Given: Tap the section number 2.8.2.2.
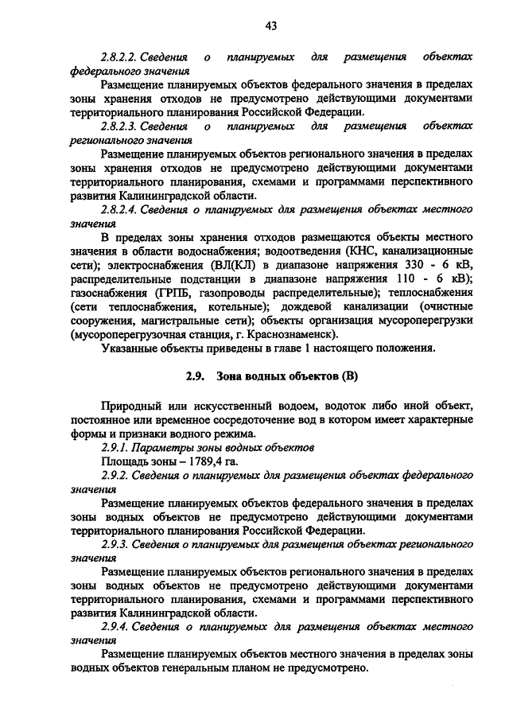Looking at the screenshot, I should pyautogui.click(x=120, y=58).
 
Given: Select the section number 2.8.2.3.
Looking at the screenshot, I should pyautogui.click(x=120, y=126).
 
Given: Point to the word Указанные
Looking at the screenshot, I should pyautogui.click(x=132, y=348).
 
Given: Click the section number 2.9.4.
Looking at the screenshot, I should pyautogui.click(x=115, y=626).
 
